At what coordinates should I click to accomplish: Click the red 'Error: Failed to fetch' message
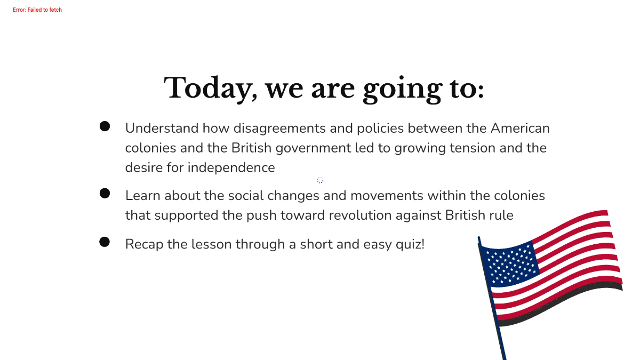click(37, 10)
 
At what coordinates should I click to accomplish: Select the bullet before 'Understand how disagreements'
click(105, 126)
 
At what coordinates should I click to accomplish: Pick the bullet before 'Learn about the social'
click(105, 193)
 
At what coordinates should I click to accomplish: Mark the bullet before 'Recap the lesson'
click(105, 242)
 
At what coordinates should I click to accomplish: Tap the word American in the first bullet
click(520, 129)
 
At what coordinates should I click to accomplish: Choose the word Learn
click(142, 196)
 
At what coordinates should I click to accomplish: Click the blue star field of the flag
click(511, 262)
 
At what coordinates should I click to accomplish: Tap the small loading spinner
click(320, 180)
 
